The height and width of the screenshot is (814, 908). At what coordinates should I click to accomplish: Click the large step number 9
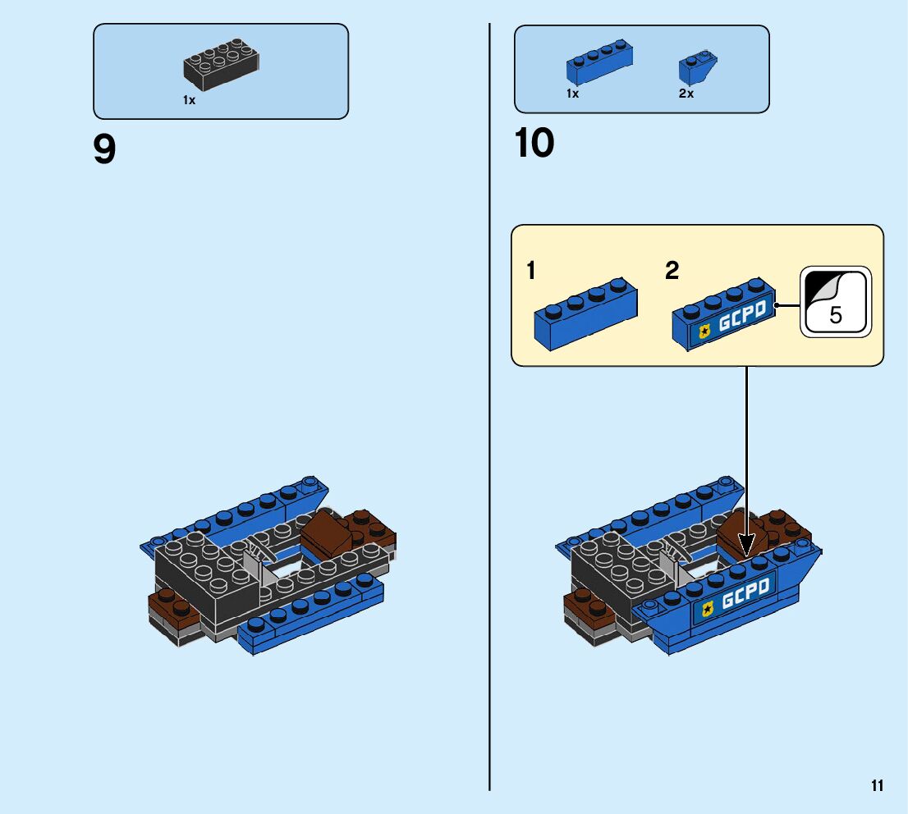click(x=105, y=150)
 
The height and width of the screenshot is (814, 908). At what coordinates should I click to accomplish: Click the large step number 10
click(x=534, y=144)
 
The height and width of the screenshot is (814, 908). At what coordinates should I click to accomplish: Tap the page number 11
click(x=878, y=786)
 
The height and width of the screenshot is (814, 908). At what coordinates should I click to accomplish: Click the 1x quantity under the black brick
click(x=189, y=100)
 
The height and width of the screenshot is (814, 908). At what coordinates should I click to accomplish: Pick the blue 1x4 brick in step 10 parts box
click(x=599, y=62)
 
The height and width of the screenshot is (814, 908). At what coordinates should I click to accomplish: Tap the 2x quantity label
click(x=686, y=94)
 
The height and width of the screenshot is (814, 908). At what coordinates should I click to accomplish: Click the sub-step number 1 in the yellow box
click(x=531, y=271)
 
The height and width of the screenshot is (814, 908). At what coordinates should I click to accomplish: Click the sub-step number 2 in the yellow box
click(x=672, y=271)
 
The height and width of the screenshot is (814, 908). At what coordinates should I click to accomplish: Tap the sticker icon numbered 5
click(x=835, y=302)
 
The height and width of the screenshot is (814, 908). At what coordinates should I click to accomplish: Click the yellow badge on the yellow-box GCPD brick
click(x=704, y=332)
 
